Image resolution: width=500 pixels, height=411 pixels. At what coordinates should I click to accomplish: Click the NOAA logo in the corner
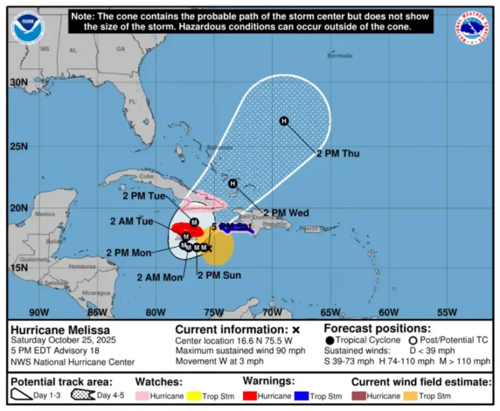tap(29, 28)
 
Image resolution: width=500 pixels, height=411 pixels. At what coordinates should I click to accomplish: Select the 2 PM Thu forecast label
tap(338, 154)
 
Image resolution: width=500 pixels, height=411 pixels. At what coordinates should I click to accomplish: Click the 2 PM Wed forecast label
tap(286, 213)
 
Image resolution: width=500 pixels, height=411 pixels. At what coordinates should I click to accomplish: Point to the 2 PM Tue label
tap(144, 196)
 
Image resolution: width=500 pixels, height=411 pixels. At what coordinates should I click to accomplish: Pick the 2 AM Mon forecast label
tap(160, 277)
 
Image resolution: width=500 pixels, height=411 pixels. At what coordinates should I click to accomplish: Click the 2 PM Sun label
tap(219, 276)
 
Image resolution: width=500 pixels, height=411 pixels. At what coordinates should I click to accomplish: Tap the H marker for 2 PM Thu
tap(284, 120)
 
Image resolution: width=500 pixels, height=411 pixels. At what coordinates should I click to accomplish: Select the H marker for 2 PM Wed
tap(233, 184)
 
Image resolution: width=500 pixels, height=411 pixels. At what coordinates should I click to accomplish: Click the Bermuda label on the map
tap(340, 56)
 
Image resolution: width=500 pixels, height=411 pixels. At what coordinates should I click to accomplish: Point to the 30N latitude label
tap(19, 83)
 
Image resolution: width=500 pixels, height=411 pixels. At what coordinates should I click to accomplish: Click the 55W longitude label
tap(448, 312)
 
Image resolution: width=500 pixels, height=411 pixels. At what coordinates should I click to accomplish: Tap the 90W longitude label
tap(38, 312)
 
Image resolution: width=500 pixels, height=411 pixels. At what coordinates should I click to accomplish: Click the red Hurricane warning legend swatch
tap(251, 395)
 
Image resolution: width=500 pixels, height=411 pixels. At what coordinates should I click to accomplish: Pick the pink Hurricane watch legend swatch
tap(144, 395)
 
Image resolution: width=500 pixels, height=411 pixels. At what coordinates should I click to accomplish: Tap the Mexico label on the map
tap(45, 214)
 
